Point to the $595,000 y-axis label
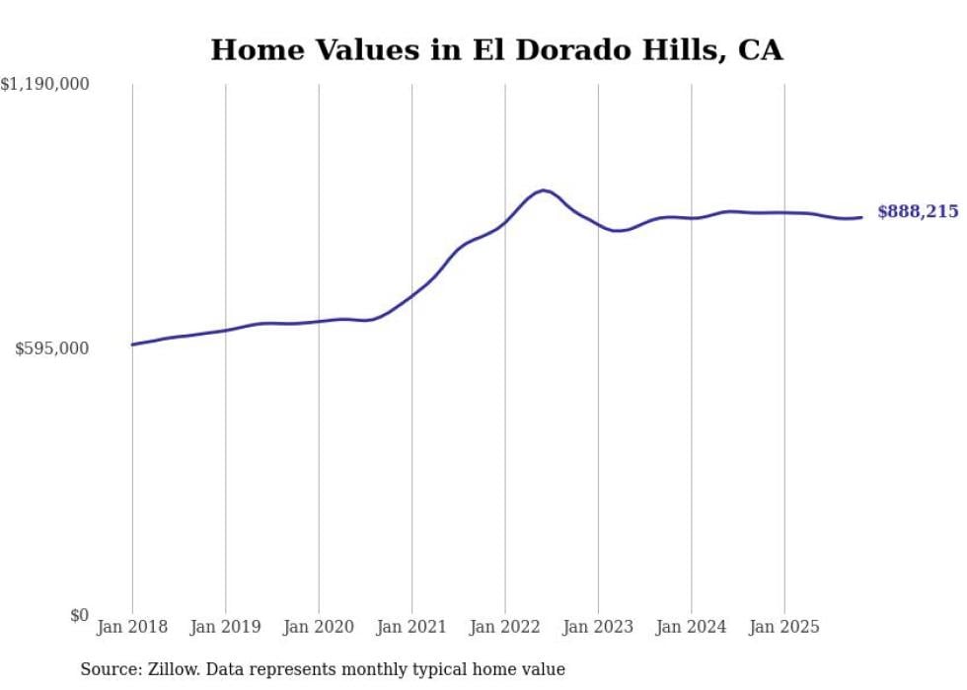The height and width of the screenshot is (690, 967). coord(51,348)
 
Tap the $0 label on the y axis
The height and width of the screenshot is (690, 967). coord(79,616)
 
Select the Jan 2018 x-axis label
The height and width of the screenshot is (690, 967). coord(132,627)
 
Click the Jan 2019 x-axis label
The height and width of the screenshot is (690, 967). coord(225,627)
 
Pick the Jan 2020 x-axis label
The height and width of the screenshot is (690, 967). coord(319,627)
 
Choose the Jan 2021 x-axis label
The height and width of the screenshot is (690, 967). coord(411,627)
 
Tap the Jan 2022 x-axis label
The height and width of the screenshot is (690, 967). coord(505,627)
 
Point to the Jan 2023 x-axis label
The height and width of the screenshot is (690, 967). coord(598,627)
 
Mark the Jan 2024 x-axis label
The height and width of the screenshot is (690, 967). coord(691,627)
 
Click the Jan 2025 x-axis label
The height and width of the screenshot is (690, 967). coord(784,627)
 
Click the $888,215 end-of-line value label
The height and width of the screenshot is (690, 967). coord(918,212)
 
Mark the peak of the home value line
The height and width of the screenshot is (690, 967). coord(544,190)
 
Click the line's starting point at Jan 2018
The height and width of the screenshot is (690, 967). coord(132,345)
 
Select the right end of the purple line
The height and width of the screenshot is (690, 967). coord(861,217)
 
